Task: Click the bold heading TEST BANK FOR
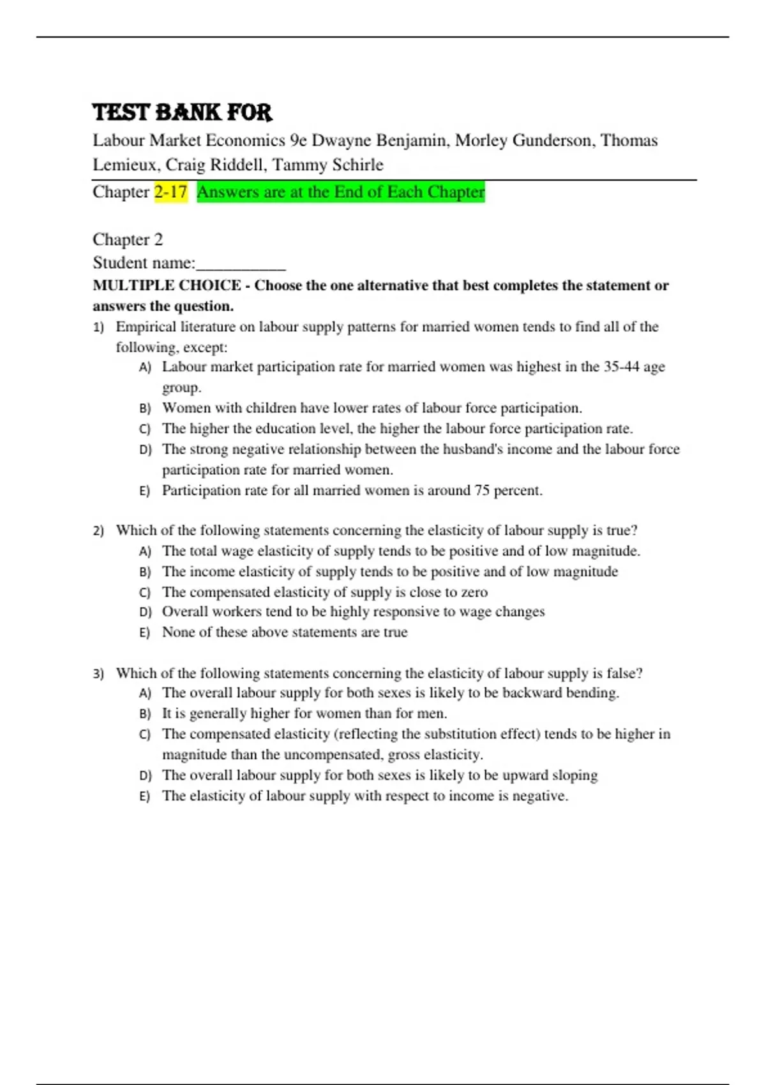(182, 112)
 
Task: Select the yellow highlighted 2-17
(170, 191)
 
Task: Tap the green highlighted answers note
(341, 191)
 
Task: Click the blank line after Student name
(241, 264)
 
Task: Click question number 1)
(98, 327)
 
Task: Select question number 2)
(98, 531)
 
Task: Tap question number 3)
(98, 674)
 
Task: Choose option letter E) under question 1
(145, 491)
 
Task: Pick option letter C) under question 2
(145, 592)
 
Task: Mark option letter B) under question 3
(145, 714)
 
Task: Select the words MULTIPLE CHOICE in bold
(167, 285)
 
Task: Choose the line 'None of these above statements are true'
(285, 632)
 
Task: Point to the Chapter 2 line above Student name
(128, 239)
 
